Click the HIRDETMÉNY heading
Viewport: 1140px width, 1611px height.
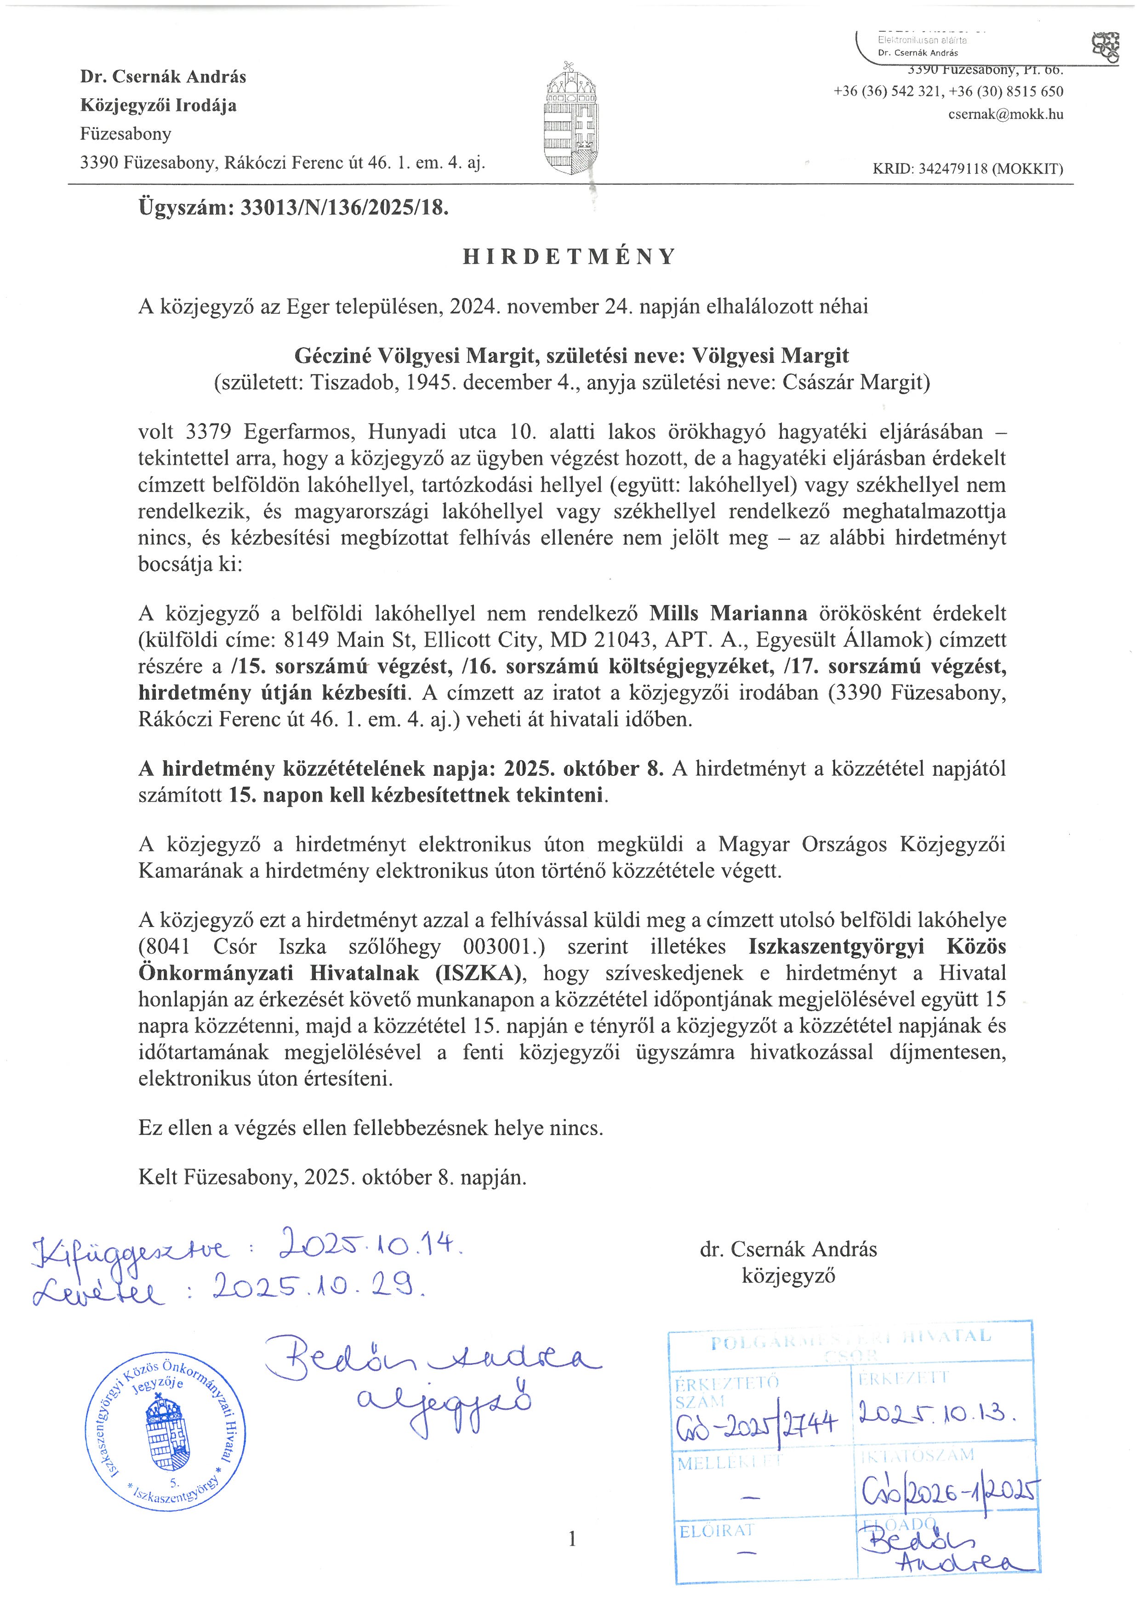(x=569, y=257)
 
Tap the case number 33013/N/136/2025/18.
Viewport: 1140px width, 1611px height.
(x=344, y=208)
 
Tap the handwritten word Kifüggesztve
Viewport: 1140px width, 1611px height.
(x=130, y=1249)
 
